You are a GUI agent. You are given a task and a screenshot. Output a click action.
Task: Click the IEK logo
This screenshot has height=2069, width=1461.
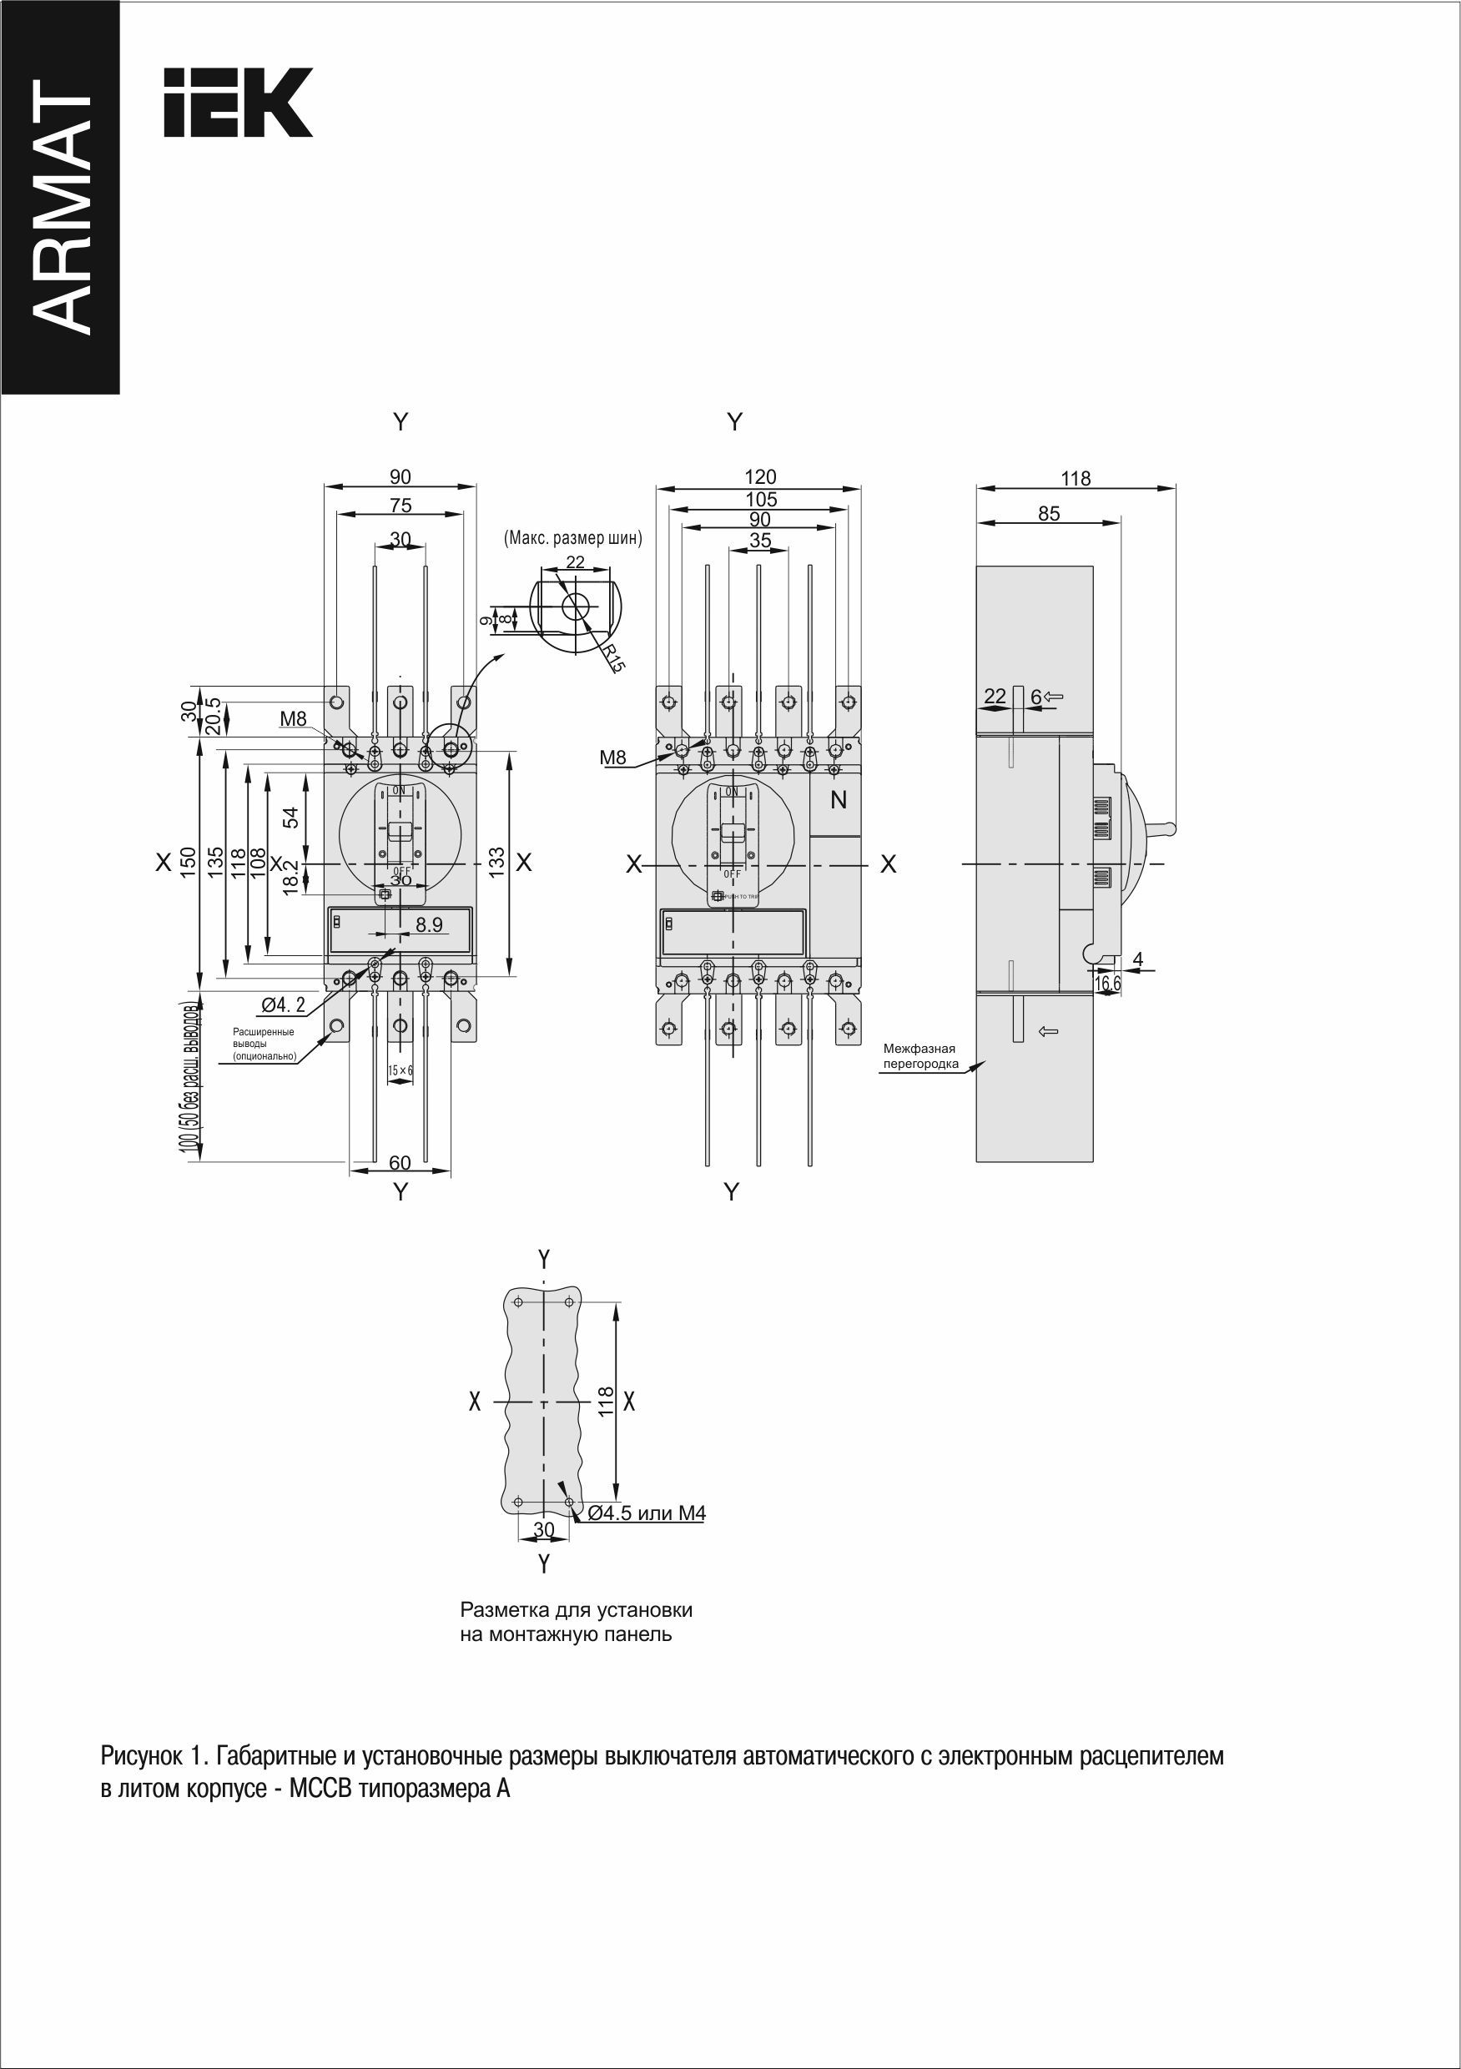[x=237, y=102]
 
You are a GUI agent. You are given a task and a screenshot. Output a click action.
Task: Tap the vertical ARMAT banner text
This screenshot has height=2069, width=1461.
[x=61, y=206]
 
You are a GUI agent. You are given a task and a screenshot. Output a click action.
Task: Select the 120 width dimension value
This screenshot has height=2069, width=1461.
[x=760, y=476]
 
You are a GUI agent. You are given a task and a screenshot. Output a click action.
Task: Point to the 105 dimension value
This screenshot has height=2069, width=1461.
[x=760, y=498]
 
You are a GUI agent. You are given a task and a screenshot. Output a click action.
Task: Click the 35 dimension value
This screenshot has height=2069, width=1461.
[x=760, y=541]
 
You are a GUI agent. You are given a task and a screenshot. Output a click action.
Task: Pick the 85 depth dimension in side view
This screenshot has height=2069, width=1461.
[x=1048, y=513]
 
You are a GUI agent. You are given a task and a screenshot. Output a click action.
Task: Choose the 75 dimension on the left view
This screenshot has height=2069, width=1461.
[x=401, y=506]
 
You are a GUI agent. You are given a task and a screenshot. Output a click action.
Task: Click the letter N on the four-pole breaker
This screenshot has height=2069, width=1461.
[x=839, y=799]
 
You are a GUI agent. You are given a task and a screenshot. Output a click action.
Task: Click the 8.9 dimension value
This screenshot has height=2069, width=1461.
[x=429, y=924]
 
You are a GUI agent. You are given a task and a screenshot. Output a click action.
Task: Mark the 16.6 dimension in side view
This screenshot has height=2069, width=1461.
[x=1108, y=984]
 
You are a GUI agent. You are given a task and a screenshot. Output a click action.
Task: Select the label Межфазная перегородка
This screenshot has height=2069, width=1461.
[x=919, y=1056]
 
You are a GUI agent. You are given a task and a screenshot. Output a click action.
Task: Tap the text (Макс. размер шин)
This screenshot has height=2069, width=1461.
[x=572, y=539]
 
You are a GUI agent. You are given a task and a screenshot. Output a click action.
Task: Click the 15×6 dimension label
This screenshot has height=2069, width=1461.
[x=401, y=1070]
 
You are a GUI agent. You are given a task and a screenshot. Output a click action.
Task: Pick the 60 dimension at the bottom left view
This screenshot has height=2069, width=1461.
[x=401, y=1163]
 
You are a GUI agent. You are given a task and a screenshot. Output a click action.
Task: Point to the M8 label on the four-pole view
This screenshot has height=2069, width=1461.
[x=613, y=758]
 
